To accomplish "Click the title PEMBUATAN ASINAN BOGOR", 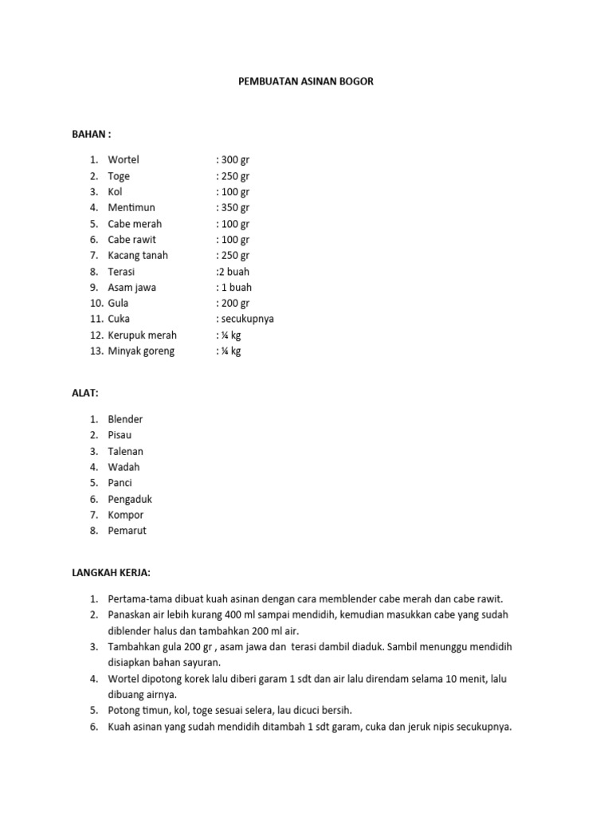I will click(306, 81).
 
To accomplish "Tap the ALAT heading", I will click(85, 393).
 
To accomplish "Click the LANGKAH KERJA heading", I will click(111, 572).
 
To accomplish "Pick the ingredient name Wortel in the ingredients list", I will click(124, 160).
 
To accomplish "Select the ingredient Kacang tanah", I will click(138, 256).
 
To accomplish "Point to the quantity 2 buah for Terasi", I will click(233, 272).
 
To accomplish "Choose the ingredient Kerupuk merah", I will click(143, 335).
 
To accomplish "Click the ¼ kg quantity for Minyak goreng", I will click(230, 351).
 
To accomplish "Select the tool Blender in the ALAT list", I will click(126, 419).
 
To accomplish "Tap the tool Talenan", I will click(126, 451).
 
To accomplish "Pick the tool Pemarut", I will click(127, 531).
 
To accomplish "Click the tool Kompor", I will click(126, 515).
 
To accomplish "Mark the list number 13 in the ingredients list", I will click(94, 351).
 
